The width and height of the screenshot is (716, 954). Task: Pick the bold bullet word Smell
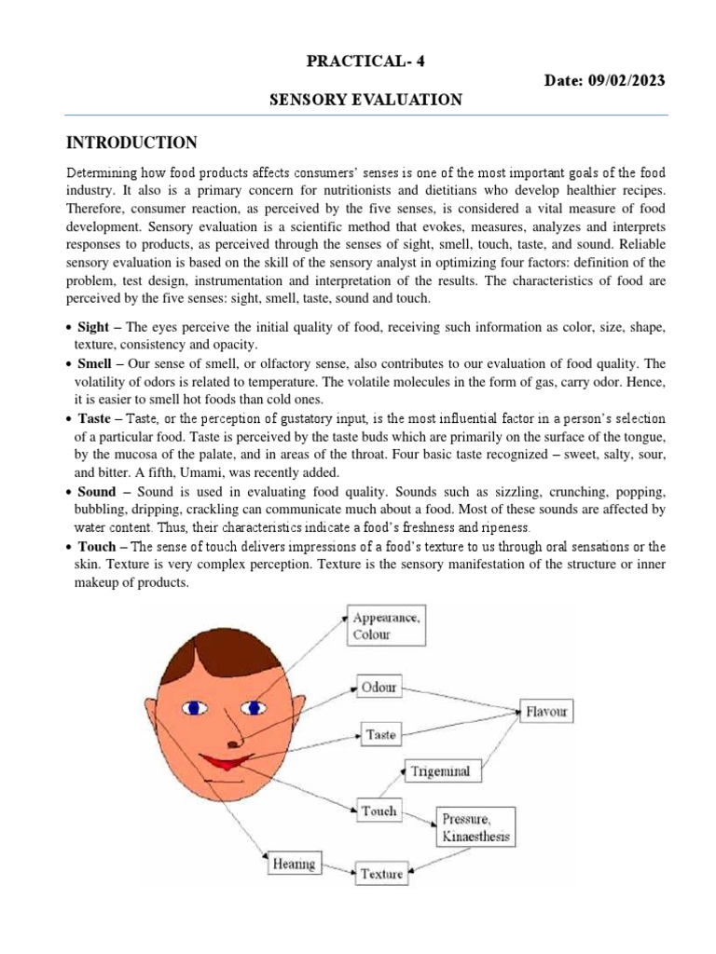tap(97, 364)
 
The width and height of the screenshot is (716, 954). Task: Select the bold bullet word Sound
tap(98, 491)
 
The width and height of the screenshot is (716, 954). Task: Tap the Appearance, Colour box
tap(385, 626)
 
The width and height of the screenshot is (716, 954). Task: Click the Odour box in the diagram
tap(379, 688)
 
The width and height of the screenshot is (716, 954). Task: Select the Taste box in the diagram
tap(380, 734)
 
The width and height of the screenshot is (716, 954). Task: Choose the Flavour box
tap(546, 712)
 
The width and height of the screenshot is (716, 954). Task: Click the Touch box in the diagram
tap(379, 811)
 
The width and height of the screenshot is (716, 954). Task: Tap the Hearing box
tap(294, 864)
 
